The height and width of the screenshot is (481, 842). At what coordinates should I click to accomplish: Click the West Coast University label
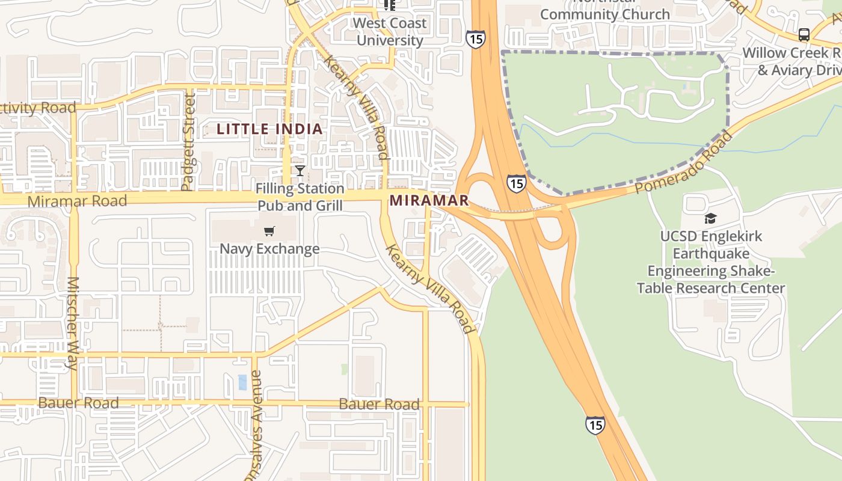(x=390, y=32)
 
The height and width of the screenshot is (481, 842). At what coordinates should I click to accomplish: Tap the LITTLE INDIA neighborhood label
(x=269, y=129)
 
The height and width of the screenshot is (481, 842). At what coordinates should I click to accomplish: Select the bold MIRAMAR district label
(x=429, y=200)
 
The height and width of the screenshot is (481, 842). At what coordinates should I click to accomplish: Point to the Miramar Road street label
(x=78, y=201)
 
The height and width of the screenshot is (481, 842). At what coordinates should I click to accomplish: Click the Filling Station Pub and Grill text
(x=300, y=197)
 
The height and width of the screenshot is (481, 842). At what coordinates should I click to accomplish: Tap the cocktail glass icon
(x=300, y=171)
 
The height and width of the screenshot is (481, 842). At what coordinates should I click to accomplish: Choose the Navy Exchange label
(x=269, y=248)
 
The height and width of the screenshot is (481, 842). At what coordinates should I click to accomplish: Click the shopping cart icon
(x=269, y=231)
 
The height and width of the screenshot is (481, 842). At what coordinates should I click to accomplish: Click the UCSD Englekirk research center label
(x=711, y=262)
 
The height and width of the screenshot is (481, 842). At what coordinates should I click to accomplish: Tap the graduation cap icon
(x=710, y=218)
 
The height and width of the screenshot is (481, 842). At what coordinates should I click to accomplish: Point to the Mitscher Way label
(x=73, y=323)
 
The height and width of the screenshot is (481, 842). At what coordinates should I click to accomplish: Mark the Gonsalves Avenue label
(x=255, y=427)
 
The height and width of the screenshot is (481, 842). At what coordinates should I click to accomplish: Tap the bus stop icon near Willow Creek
(x=804, y=34)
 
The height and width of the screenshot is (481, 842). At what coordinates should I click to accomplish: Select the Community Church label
(x=605, y=14)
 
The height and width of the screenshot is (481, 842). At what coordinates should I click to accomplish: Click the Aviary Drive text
(x=800, y=70)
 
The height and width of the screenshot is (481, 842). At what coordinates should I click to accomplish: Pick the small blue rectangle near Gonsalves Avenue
(x=242, y=382)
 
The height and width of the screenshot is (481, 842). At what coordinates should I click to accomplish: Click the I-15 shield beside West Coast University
(x=475, y=40)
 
